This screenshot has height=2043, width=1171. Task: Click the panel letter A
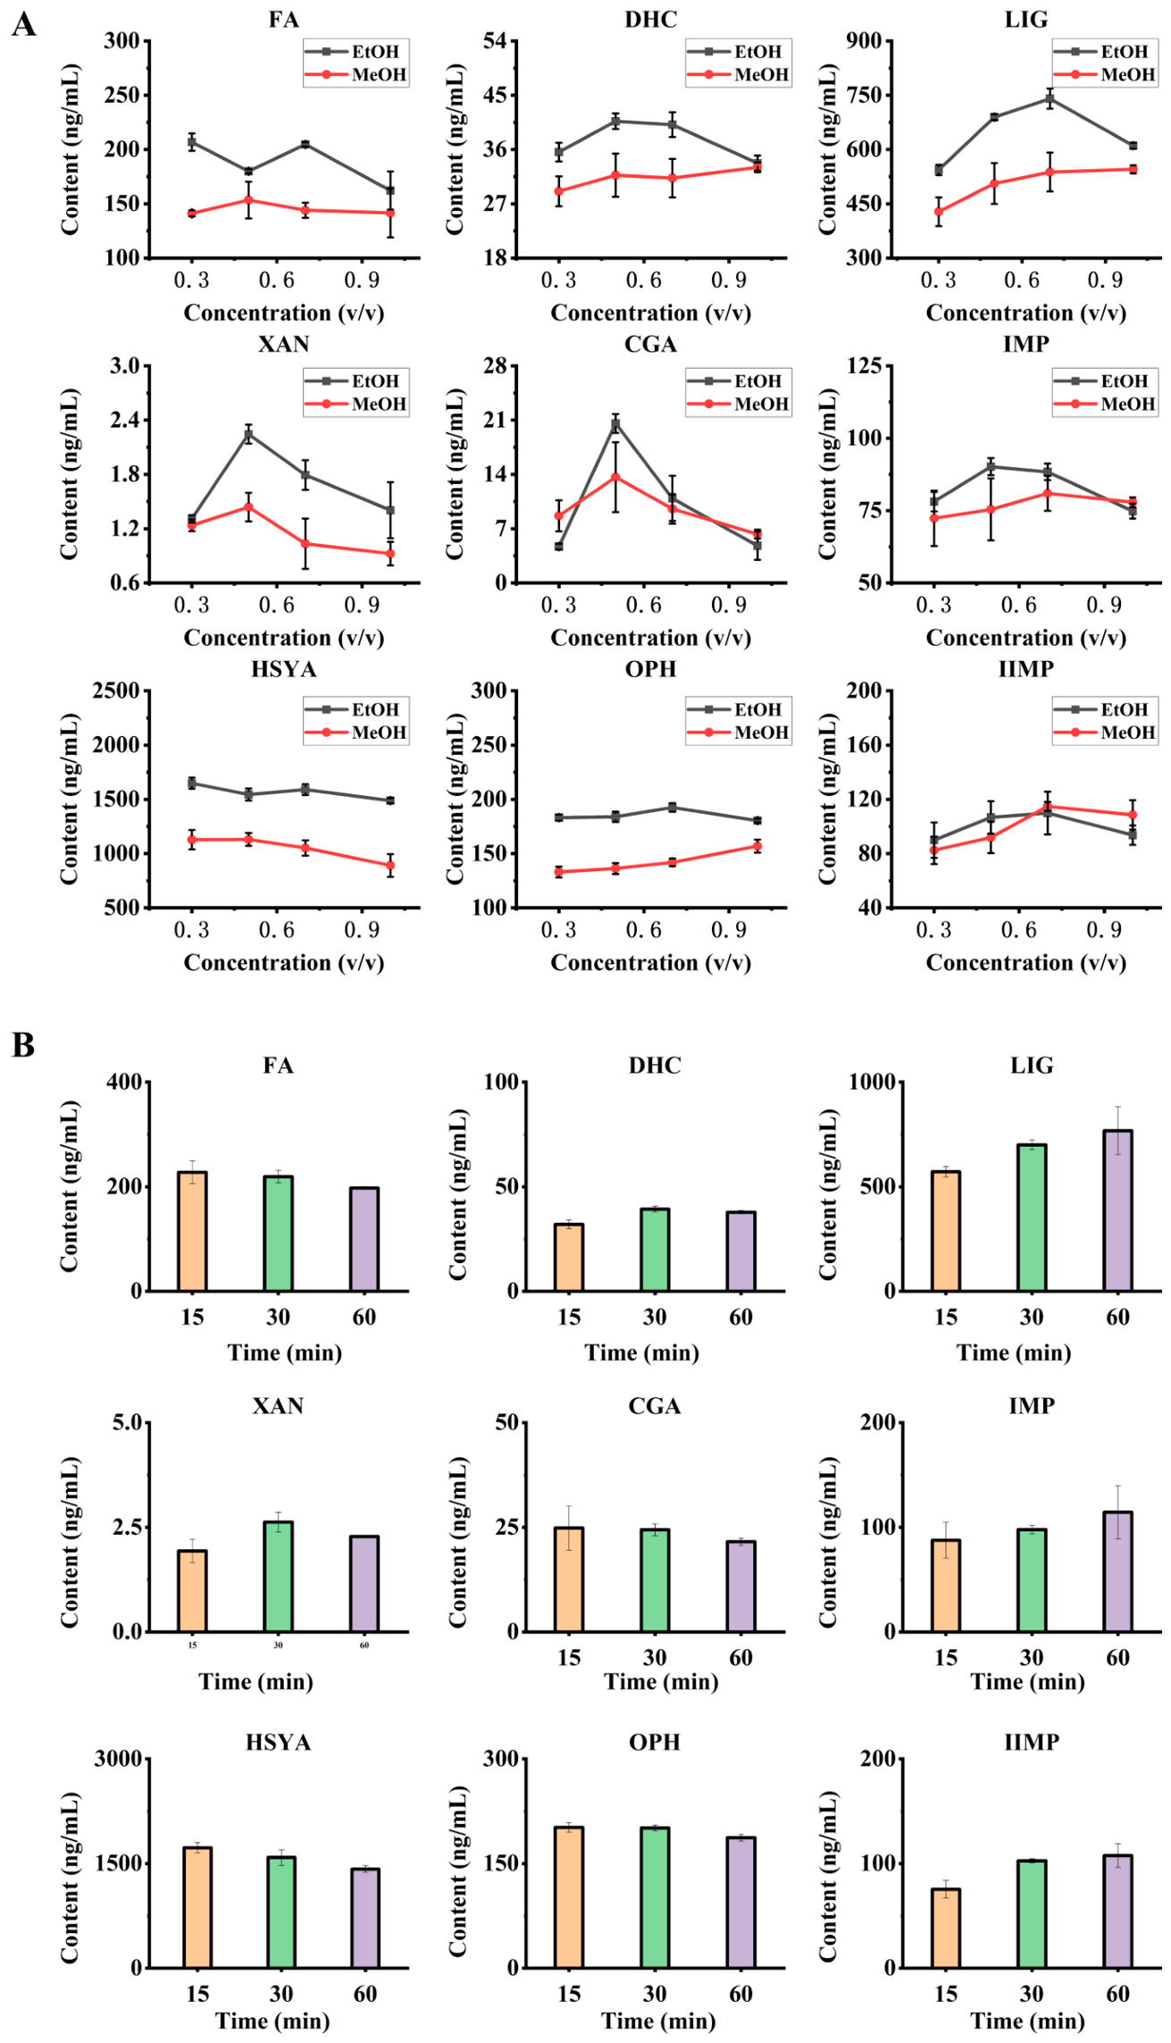pos(24,24)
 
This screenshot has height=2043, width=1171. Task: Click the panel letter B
pos(23,1044)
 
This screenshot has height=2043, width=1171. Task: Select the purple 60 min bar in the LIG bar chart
pos(1117,1210)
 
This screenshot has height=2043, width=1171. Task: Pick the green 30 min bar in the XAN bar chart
pos(278,1577)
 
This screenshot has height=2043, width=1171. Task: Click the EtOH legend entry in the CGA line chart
pos(734,381)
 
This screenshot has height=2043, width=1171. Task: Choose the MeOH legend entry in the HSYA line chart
pos(355,733)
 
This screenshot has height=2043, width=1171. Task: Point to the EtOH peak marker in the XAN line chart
pos(248,434)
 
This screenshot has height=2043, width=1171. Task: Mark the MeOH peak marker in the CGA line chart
pos(615,477)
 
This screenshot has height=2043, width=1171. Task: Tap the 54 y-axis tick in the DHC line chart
pos(494,41)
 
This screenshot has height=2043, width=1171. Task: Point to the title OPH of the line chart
pos(651,669)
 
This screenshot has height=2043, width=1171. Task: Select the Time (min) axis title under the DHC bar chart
pos(641,1353)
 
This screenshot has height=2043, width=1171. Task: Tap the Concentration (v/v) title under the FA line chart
pos(284,313)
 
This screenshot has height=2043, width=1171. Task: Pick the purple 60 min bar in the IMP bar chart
pos(1117,1571)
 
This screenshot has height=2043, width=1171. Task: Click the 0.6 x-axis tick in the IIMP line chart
pos(1018,931)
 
